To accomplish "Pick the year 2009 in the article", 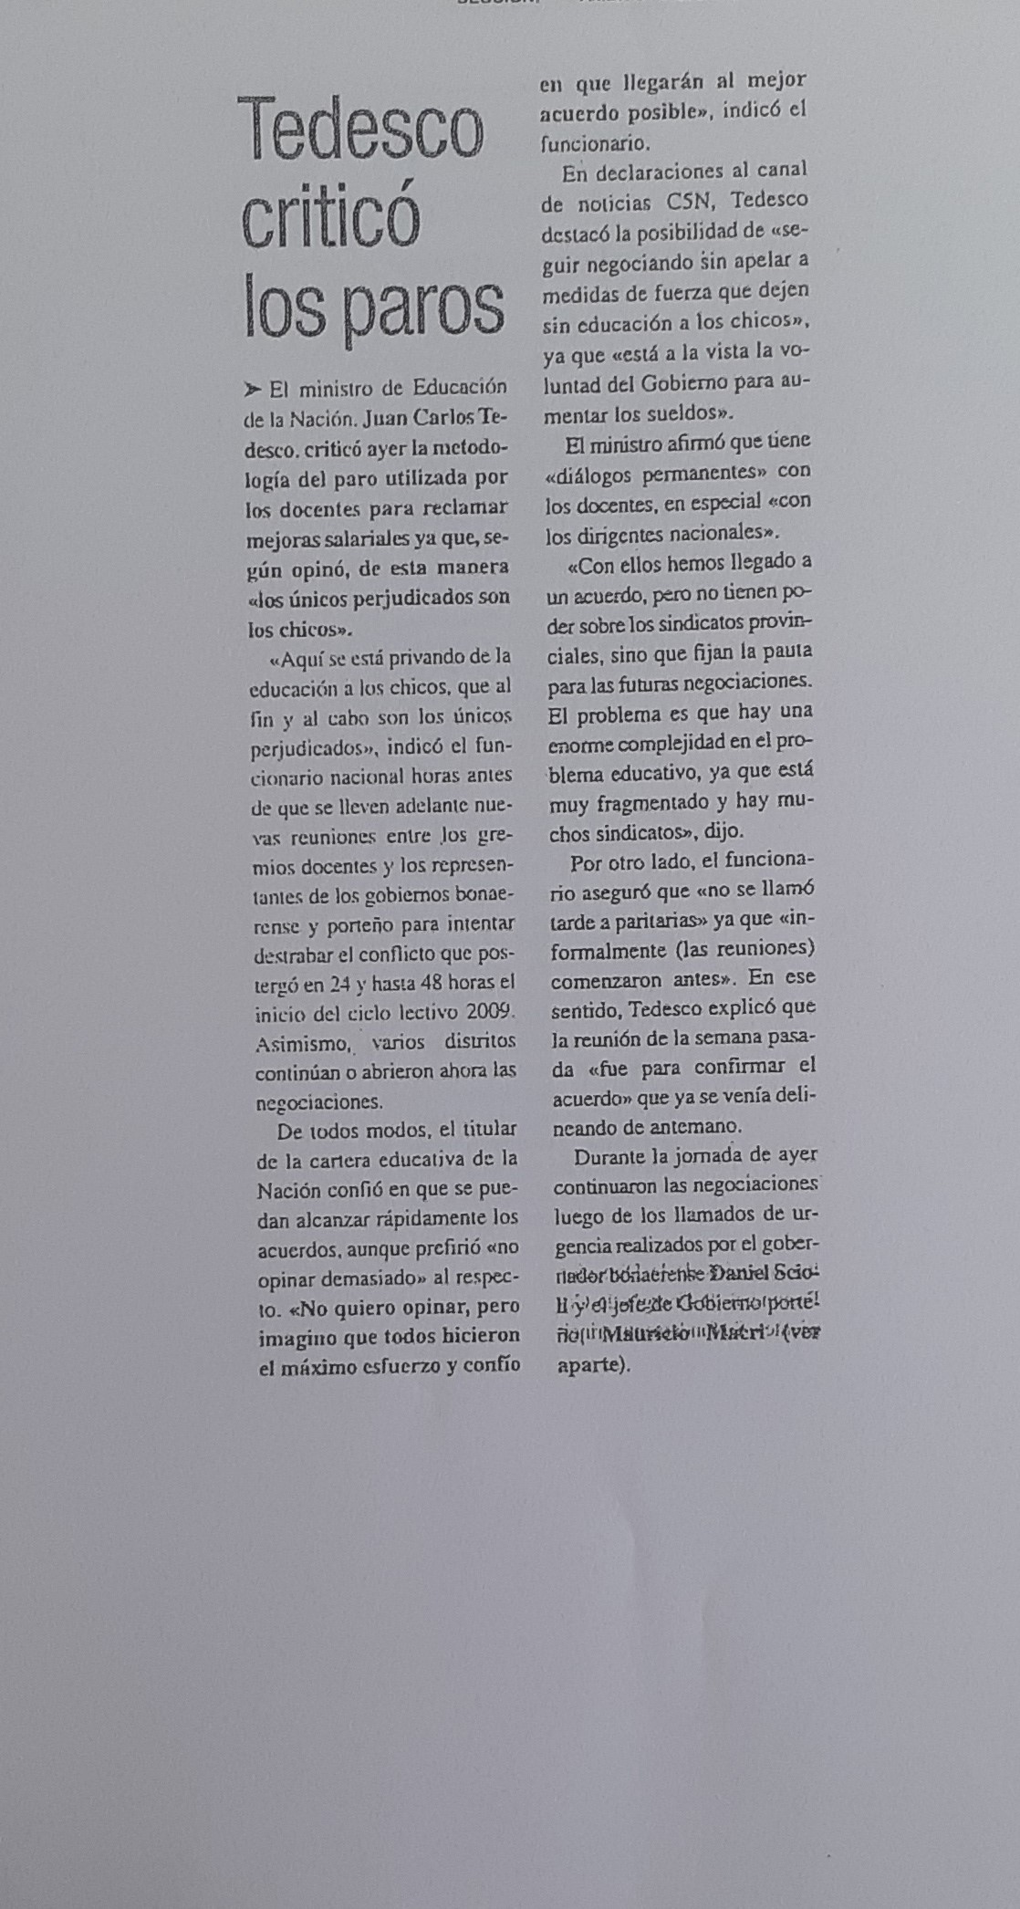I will (x=490, y=1012).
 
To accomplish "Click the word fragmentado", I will (x=657, y=803).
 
